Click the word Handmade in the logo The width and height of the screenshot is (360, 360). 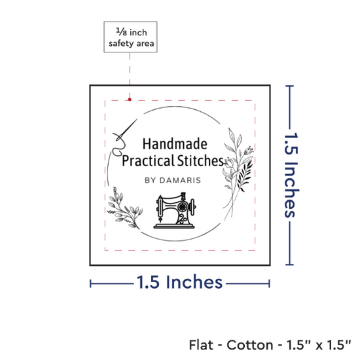(175, 144)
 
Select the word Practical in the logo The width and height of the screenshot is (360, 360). (148, 161)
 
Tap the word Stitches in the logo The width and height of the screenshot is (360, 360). (200, 160)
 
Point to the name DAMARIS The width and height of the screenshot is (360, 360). (180, 180)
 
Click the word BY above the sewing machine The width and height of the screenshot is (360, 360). (150, 180)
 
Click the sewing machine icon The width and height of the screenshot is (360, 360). (175, 210)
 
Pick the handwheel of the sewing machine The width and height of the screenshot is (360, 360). (183, 207)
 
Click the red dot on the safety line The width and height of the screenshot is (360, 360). (130, 99)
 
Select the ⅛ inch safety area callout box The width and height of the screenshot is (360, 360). (130, 37)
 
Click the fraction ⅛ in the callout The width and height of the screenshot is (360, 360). (121, 31)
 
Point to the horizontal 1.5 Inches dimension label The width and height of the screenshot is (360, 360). (179, 282)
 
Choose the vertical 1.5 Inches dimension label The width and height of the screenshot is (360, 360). (291, 175)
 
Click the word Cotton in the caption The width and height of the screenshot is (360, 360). (250, 345)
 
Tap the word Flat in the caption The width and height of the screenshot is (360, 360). (201, 345)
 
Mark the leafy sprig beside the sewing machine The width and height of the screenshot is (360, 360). (124, 208)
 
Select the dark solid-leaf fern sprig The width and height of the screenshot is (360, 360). (244, 175)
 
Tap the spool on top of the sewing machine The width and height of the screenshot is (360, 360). (183, 196)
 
